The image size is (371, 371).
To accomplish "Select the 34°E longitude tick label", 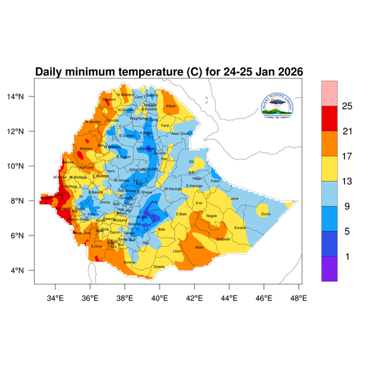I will (x=56, y=298).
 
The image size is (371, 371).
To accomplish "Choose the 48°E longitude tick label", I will (x=299, y=298).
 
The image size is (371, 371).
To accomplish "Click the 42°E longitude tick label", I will (x=195, y=298).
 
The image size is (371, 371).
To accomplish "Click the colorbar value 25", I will (x=348, y=106).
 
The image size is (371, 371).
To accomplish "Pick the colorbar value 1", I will (x=348, y=256).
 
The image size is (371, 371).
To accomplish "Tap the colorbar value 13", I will (x=348, y=181).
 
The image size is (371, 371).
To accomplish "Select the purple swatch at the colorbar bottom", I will (x=329, y=269).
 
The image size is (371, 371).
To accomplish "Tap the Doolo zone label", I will (x=266, y=214).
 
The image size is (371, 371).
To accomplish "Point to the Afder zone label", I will (x=199, y=248).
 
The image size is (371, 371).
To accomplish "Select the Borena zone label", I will (x=130, y=262).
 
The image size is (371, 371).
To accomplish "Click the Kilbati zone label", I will (x=171, y=107).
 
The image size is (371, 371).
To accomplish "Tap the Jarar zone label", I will (x=234, y=198).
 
